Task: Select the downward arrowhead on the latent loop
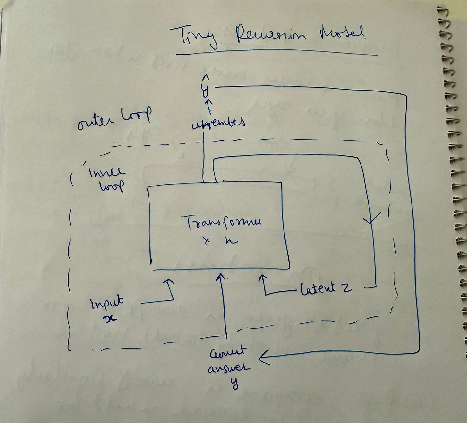(x=371, y=220)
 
